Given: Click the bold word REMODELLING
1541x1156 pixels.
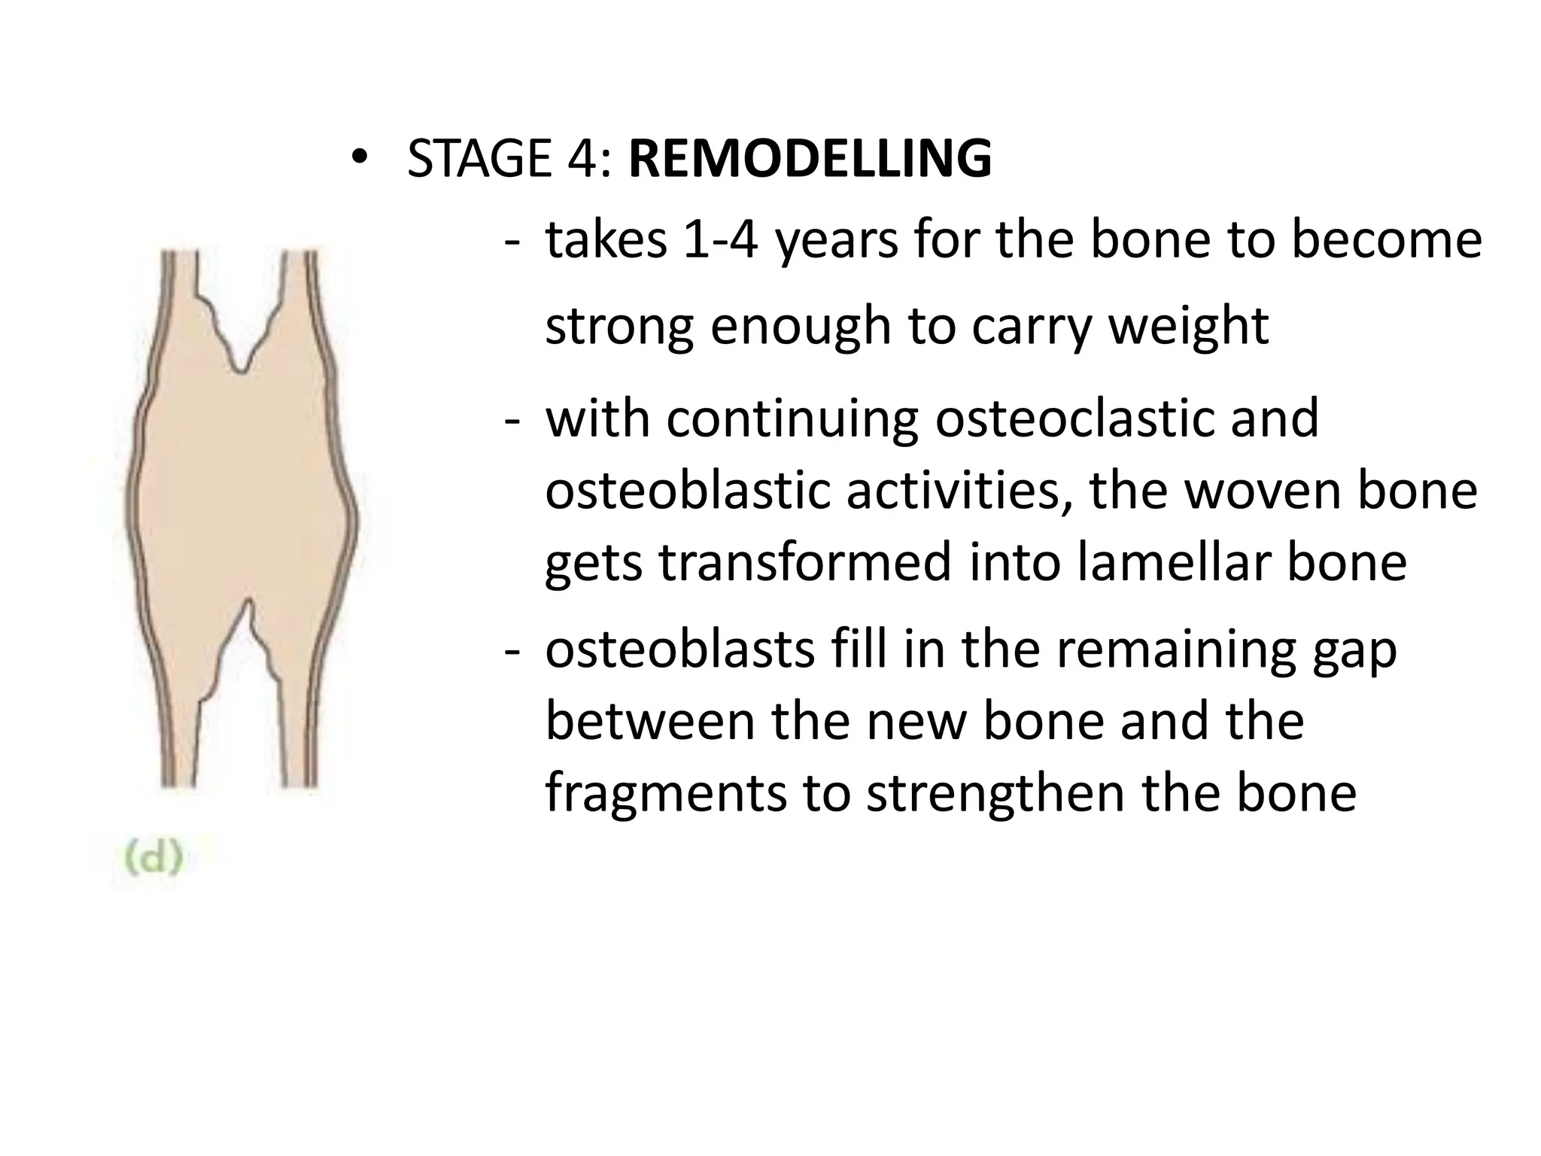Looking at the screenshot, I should pyautogui.click(x=810, y=159).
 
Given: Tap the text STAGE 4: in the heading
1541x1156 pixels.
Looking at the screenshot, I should pyautogui.click(x=509, y=159).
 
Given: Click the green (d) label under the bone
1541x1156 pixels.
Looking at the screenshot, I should pyautogui.click(x=153, y=859).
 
